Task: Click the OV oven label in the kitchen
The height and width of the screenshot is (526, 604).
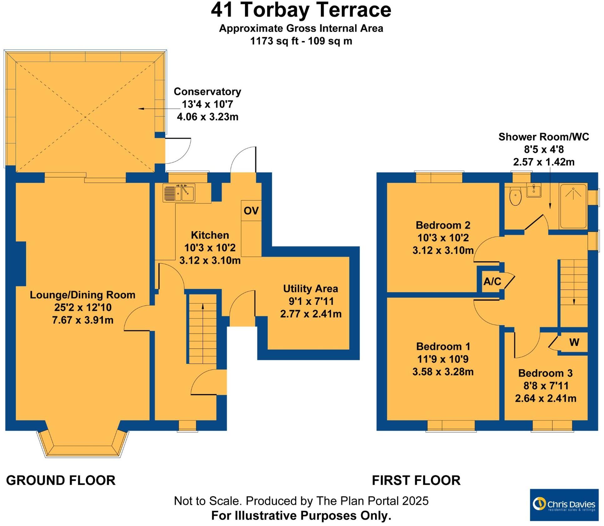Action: tap(251, 211)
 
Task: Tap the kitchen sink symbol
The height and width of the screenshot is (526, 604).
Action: tap(179, 193)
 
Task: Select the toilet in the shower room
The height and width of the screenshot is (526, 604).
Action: tap(515, 196)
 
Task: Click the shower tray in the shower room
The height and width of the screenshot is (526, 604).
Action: tap(573, 206)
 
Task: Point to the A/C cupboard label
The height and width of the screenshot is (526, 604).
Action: tap(492, 281)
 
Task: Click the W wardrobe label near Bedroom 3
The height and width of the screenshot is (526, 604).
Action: tap(574, 342)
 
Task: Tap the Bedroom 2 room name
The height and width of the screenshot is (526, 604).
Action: tap(443, 225)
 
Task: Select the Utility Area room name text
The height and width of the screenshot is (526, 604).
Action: tap(310, 288)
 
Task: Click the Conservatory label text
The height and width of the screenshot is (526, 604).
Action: tap(207, 91)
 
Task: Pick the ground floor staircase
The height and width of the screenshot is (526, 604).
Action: tap(202, 329)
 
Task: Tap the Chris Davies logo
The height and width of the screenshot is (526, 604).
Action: tap(564, 504)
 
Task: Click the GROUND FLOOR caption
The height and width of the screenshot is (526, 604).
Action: tap(61, 480)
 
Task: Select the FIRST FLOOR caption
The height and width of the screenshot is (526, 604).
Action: tap(416, 480)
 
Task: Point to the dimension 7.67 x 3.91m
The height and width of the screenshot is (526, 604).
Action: tap(83, 320)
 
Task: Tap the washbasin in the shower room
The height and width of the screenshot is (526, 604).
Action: tap(534, 190)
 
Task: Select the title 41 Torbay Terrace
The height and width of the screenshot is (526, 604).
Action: tap(301, 10)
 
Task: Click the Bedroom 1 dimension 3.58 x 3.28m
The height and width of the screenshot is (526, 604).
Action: tap(443, 372)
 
